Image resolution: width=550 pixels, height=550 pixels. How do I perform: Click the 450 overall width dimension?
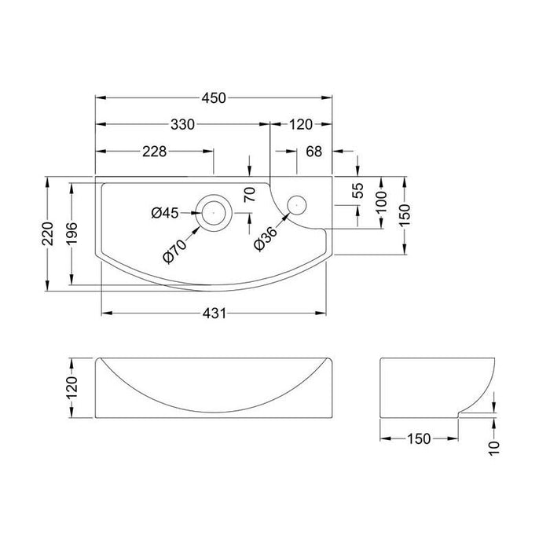214,98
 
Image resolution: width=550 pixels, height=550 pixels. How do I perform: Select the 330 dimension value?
182,124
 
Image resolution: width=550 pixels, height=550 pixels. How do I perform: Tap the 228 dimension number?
153,152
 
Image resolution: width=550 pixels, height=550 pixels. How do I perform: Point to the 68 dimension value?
313,152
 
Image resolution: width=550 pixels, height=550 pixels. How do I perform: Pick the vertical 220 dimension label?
49,234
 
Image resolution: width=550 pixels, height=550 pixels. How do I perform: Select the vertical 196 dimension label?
73,234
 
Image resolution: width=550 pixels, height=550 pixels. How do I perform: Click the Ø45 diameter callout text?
166,212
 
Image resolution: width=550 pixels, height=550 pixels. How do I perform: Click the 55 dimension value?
357,191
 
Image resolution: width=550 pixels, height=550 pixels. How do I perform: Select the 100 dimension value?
382,202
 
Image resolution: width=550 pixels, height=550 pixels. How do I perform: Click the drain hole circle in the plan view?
214,211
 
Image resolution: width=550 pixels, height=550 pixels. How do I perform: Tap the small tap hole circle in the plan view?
296,203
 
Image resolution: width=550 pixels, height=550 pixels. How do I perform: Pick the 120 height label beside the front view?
72,387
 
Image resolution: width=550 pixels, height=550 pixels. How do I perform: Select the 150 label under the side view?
418,438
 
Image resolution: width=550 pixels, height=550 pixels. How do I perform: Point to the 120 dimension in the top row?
301,124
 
